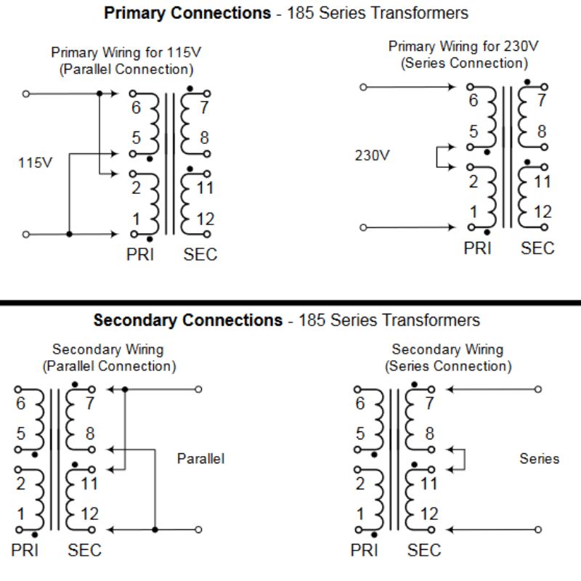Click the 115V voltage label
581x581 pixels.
coord(35,163)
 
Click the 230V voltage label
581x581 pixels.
coord(373,155)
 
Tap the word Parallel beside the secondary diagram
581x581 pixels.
coord(200,458)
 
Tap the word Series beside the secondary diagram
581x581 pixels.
coord(539,458)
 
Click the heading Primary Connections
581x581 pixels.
coord(187,13)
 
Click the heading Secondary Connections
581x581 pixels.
coord(187,320)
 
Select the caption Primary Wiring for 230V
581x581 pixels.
coord(463,46)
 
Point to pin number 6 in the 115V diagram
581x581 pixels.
coord(136,108)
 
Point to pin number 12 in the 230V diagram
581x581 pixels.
coord(543,212)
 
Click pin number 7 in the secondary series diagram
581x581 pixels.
coord(429,404)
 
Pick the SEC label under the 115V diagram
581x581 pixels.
coord(200,254)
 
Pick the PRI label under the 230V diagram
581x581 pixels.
coord(477,248)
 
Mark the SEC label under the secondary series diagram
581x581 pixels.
coord(424,550)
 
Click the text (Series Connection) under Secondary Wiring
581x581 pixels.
coord(448,366)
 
